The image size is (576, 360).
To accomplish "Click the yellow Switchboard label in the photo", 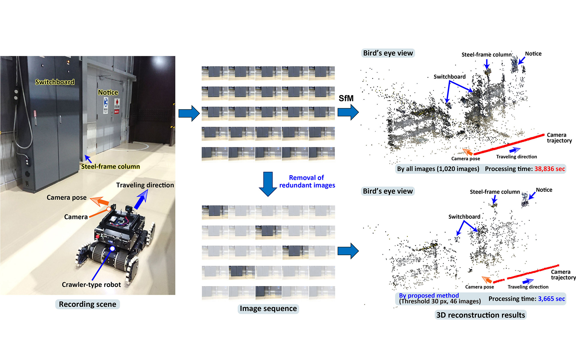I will (55, 82).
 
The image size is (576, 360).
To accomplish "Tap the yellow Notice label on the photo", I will (108, 92).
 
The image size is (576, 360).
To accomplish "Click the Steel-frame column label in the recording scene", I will (110, 166).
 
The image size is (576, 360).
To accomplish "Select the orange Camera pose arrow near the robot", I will (100, 201).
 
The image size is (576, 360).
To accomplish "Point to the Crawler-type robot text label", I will (91, 285).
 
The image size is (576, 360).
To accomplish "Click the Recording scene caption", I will (88, 304).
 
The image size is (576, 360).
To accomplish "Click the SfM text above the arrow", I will (346, 98).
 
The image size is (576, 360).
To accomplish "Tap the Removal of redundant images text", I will (307, 181).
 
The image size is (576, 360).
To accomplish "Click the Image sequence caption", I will (268, 308).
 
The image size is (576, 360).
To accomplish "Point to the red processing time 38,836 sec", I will (550, 169).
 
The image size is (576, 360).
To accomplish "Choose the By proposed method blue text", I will (429, 295).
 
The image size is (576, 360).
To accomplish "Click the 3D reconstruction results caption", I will (480, 315).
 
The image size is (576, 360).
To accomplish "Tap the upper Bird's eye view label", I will (388, 53).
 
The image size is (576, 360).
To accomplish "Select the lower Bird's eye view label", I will (388, 191).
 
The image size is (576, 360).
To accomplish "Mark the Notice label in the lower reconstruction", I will (544, 190).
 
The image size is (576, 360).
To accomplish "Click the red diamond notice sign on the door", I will (117, 103).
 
